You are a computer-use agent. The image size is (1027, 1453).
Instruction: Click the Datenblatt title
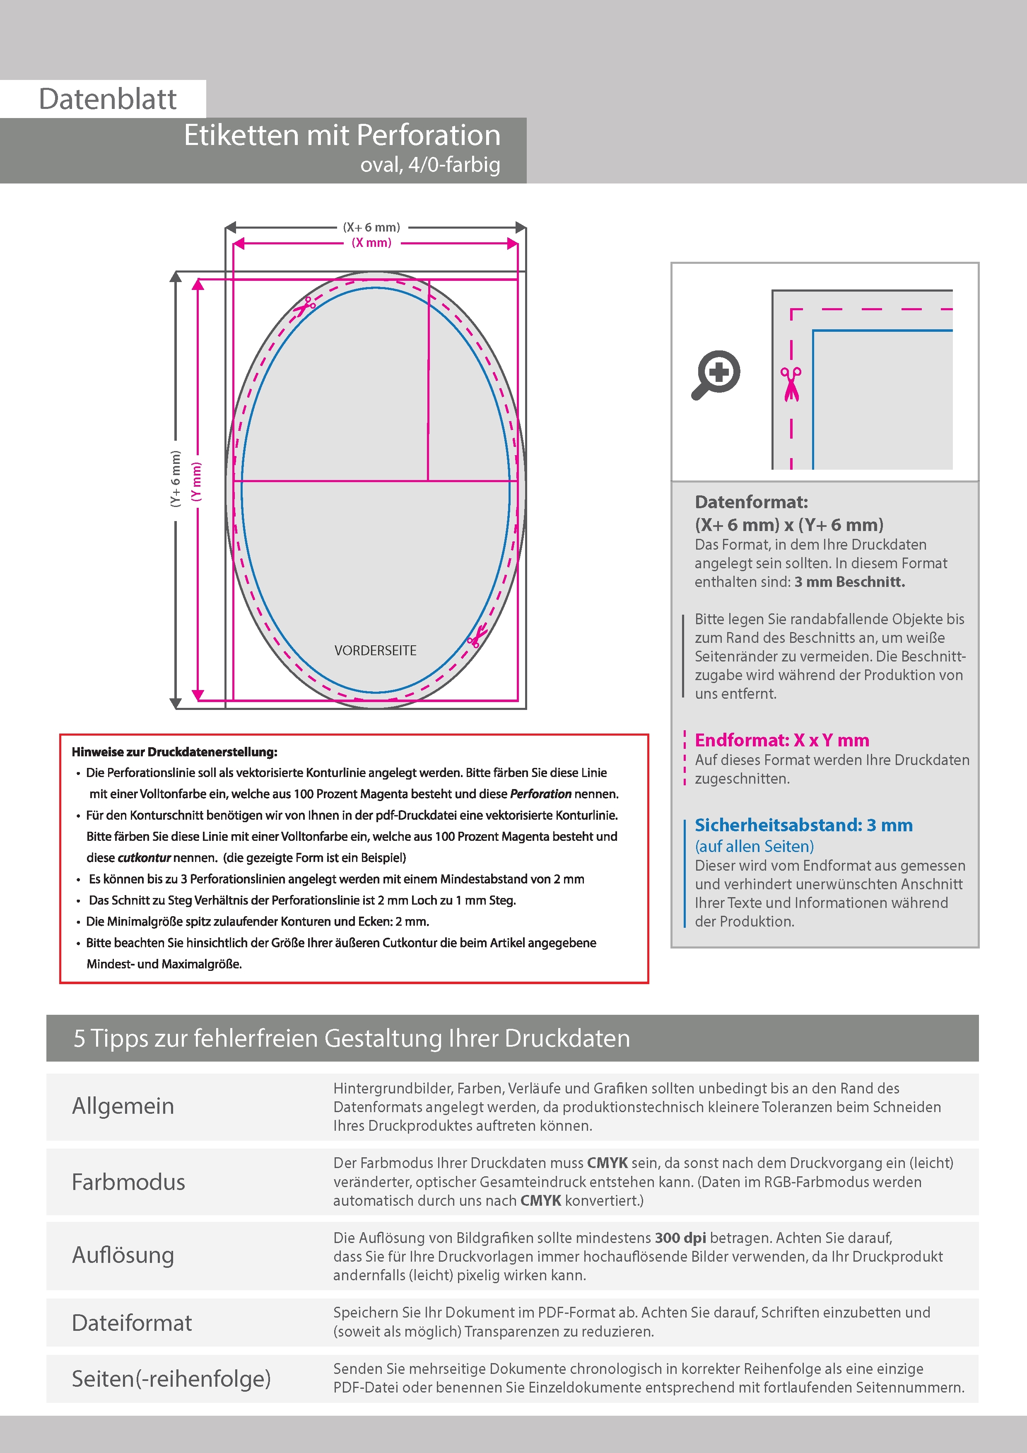tap(108, 99)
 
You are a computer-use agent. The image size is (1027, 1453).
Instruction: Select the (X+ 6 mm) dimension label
tap(371, 227)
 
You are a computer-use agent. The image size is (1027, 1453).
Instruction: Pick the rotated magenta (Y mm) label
tap(197, 482)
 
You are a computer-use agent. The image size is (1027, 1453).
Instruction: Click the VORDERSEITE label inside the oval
tap(375, 651)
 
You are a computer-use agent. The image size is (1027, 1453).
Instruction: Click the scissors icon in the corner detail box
tap(791, 384)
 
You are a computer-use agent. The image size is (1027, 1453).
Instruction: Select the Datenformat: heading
tap(751, 502)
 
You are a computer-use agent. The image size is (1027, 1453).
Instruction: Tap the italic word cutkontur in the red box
tap(144, 857)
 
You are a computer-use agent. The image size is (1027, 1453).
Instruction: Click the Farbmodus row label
tap(128, 1182)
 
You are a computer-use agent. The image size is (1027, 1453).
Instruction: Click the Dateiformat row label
tap(132, 1322)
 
